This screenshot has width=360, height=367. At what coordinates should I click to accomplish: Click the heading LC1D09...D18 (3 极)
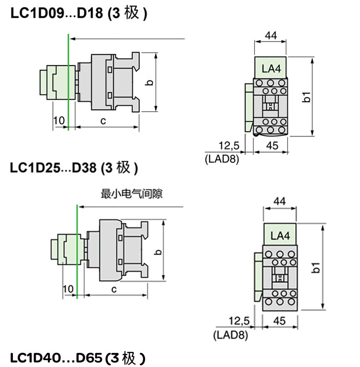[x=78, y=14]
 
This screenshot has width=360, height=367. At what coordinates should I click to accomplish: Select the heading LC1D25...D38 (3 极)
[x=73, y=167]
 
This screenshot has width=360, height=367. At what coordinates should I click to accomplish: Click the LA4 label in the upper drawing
[x=270, y=69]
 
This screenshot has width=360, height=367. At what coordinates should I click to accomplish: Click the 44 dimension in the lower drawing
[x=280, y=202]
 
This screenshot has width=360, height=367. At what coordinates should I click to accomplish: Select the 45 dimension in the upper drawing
[x=272, y=145]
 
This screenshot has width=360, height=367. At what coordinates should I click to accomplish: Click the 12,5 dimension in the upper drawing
[x=229, y=145]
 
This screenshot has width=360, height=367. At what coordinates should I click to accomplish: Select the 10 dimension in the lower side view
[x=68, y=289]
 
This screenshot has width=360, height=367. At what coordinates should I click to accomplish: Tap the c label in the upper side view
[x=103, y=121]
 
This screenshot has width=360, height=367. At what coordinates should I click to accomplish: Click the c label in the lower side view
[x=114, y=289]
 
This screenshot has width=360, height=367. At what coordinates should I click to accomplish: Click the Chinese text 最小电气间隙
[x=132, y=194]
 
